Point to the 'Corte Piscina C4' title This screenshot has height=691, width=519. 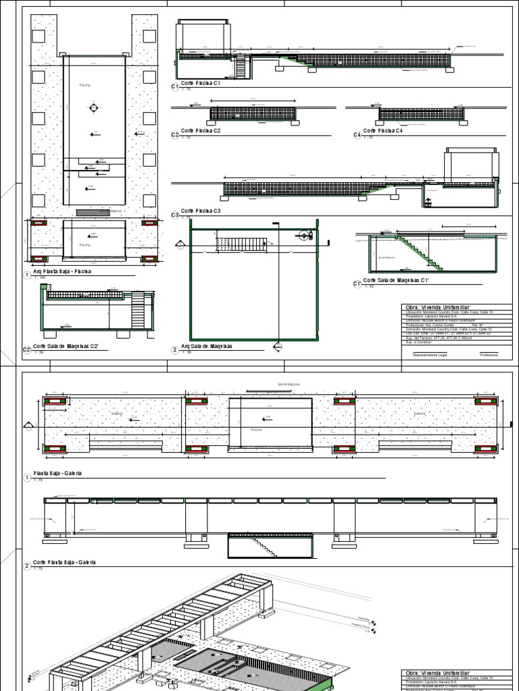[x=382, y=131]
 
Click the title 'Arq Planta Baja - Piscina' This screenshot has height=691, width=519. [x=61, y=271]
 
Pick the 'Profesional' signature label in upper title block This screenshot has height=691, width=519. [x=489, y=354]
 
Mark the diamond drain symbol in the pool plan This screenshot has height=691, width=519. [x=93, y=108]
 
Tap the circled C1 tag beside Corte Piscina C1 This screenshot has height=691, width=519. [x=174, y=87]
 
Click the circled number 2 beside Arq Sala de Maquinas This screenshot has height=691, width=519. [x=174, y=350]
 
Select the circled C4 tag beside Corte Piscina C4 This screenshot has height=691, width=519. [x=356, y=135]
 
